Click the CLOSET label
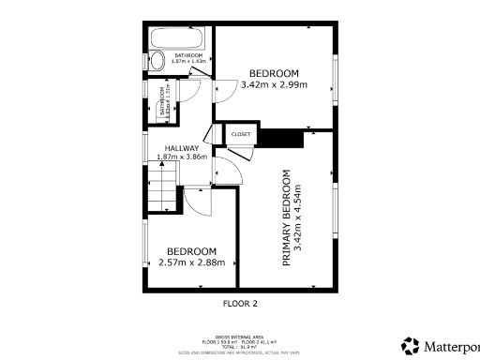[241, 135]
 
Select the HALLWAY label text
[181, 147]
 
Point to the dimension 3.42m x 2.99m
[274, 84]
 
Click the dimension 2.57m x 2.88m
[192, 262]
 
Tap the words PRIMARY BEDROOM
[286, 217]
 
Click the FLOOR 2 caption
[240, 303]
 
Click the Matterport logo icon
[410, 344]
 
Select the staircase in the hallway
[161, 187]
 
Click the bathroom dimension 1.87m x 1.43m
[187, 61]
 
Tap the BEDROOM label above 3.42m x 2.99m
[274, 73]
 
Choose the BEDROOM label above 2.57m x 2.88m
[192, 251]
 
